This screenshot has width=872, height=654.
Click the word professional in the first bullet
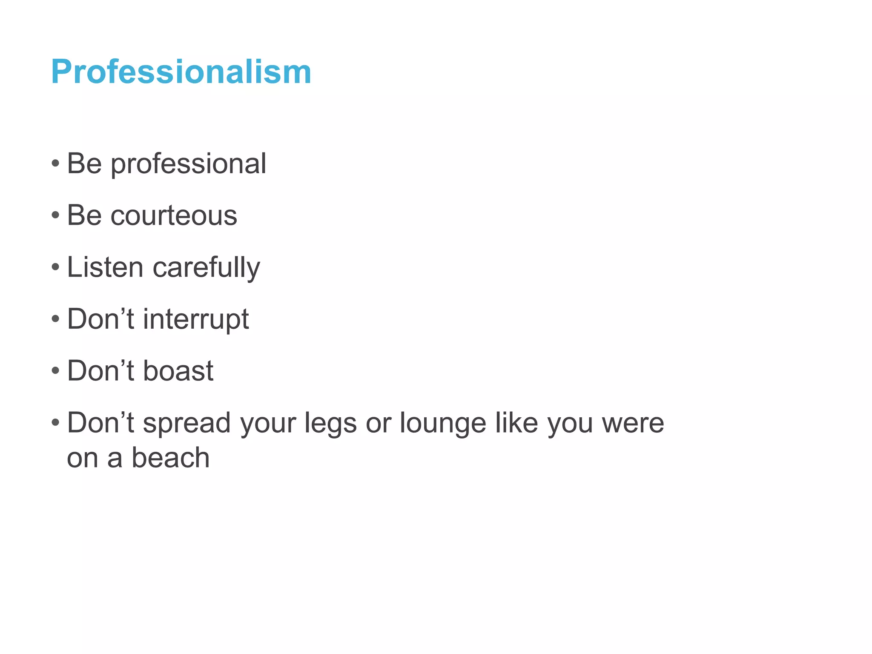pyautogui.click(x=188, y=164)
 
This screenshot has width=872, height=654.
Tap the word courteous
pyautogui.click(x=173, y=215)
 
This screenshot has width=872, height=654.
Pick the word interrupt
pyautogui.click(x=195, y=319)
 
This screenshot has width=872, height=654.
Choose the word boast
pyautogui.click(x=178, y=371)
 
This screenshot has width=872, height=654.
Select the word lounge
pyautogui.click(x=442, y=424)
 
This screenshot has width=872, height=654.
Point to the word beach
pyautogui.click(x=170, y=458)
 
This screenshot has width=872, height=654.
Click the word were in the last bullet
pyautogui.click(x=633, y=423)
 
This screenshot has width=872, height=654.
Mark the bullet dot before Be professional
pyautogui.click(x=55, y=163)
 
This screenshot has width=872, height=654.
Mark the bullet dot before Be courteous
pyautogui.click(x=55, y=215)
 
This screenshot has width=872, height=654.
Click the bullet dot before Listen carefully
pyautogui.click(x=55, y=267)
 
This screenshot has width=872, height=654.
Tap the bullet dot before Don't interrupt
pyautogui.click(x=55, y=319)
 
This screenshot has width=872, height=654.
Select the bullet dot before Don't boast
pyautogui.click(x=55, y=371)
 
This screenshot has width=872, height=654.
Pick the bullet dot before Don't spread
pyautogui.click(x=55, y=423)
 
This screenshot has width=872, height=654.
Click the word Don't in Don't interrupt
pyautogui.click(x=100, y=319)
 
